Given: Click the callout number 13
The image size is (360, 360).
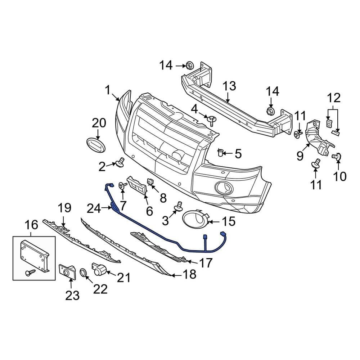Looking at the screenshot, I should coord(229,86).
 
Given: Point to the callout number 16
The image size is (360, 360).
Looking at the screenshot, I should coord(31,225).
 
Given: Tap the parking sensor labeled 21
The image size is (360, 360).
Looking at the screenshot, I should coord(100,269).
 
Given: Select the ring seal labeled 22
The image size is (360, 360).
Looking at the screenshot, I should coord(83,273).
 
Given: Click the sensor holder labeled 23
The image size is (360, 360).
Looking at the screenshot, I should coord(67,271).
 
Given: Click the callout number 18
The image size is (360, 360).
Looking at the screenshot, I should coord(190,275).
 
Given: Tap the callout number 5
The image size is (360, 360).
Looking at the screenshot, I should coord(238,154).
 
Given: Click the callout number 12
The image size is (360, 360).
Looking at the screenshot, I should coord(334,97).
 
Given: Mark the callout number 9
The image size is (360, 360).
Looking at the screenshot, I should coord(300,156).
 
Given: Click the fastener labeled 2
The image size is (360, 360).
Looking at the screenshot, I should coord(120,163).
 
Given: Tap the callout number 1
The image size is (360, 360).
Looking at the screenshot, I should coord(107,90).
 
